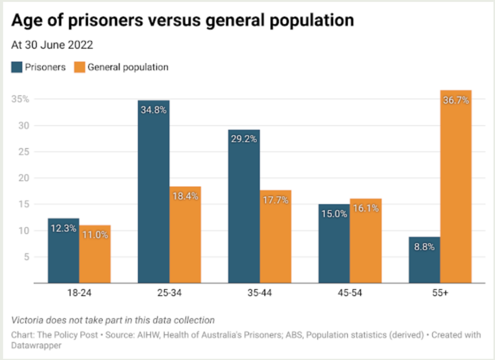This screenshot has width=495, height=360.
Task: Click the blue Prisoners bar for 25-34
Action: coord(154,193)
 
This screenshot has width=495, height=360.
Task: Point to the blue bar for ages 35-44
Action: coord(244,208)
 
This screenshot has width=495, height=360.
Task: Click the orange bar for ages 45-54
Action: coord(365,242)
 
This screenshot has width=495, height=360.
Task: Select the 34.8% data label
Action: coord(154,110)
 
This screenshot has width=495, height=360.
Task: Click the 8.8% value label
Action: coord(424,247)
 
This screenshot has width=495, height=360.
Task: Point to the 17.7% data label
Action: coord(276,200)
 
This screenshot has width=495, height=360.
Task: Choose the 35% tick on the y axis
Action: coord(21,100)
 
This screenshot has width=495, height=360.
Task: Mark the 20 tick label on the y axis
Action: coord(25,178)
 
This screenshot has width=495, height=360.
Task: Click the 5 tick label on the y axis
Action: coord(27,257)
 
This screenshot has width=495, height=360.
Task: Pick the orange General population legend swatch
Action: coord(79,67)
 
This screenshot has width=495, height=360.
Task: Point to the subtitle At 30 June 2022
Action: coord(52,45)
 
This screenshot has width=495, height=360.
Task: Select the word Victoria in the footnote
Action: coord(27,320)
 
